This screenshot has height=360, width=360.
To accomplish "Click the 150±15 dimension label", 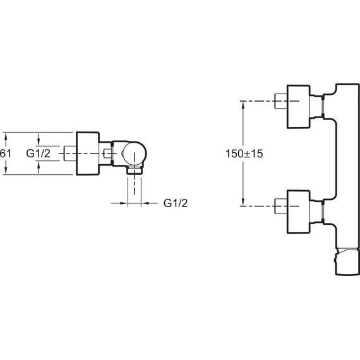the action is point(244,153).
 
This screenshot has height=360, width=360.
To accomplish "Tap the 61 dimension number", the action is point(5,153).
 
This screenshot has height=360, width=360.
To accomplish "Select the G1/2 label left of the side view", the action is point(38,153).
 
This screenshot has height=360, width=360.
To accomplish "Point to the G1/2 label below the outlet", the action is point(176,203).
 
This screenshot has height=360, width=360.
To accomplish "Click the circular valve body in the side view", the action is point(135,153).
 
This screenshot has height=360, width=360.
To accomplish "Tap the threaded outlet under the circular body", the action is point(135,170).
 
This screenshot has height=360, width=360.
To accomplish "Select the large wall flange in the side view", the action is point(88,153).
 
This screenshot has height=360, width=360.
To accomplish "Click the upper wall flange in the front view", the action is point(299,107).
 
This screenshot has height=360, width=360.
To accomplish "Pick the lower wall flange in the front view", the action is point(299,212).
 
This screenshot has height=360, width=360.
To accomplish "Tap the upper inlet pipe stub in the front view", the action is point(281,101).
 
